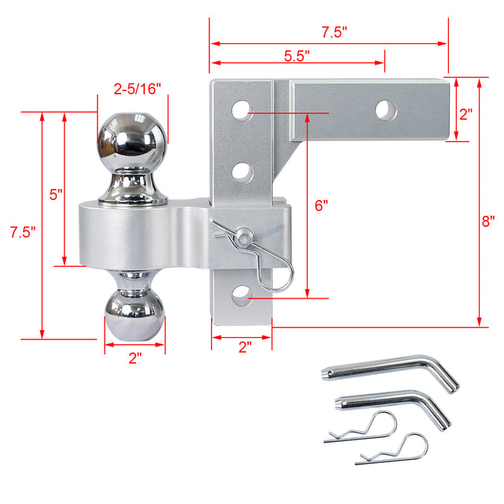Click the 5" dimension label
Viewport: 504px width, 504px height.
coord(56,195)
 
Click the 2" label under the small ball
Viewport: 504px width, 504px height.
coord(135,358)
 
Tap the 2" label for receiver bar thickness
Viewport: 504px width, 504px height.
coord(465,113)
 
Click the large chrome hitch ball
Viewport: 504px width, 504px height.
coord(132,142)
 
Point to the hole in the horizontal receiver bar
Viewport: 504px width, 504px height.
coord(385,109)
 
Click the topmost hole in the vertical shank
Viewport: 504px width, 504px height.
coord(242,109)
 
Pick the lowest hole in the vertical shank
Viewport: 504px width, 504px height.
coord(242,297)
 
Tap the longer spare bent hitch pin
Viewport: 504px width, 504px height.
coord(394,371)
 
